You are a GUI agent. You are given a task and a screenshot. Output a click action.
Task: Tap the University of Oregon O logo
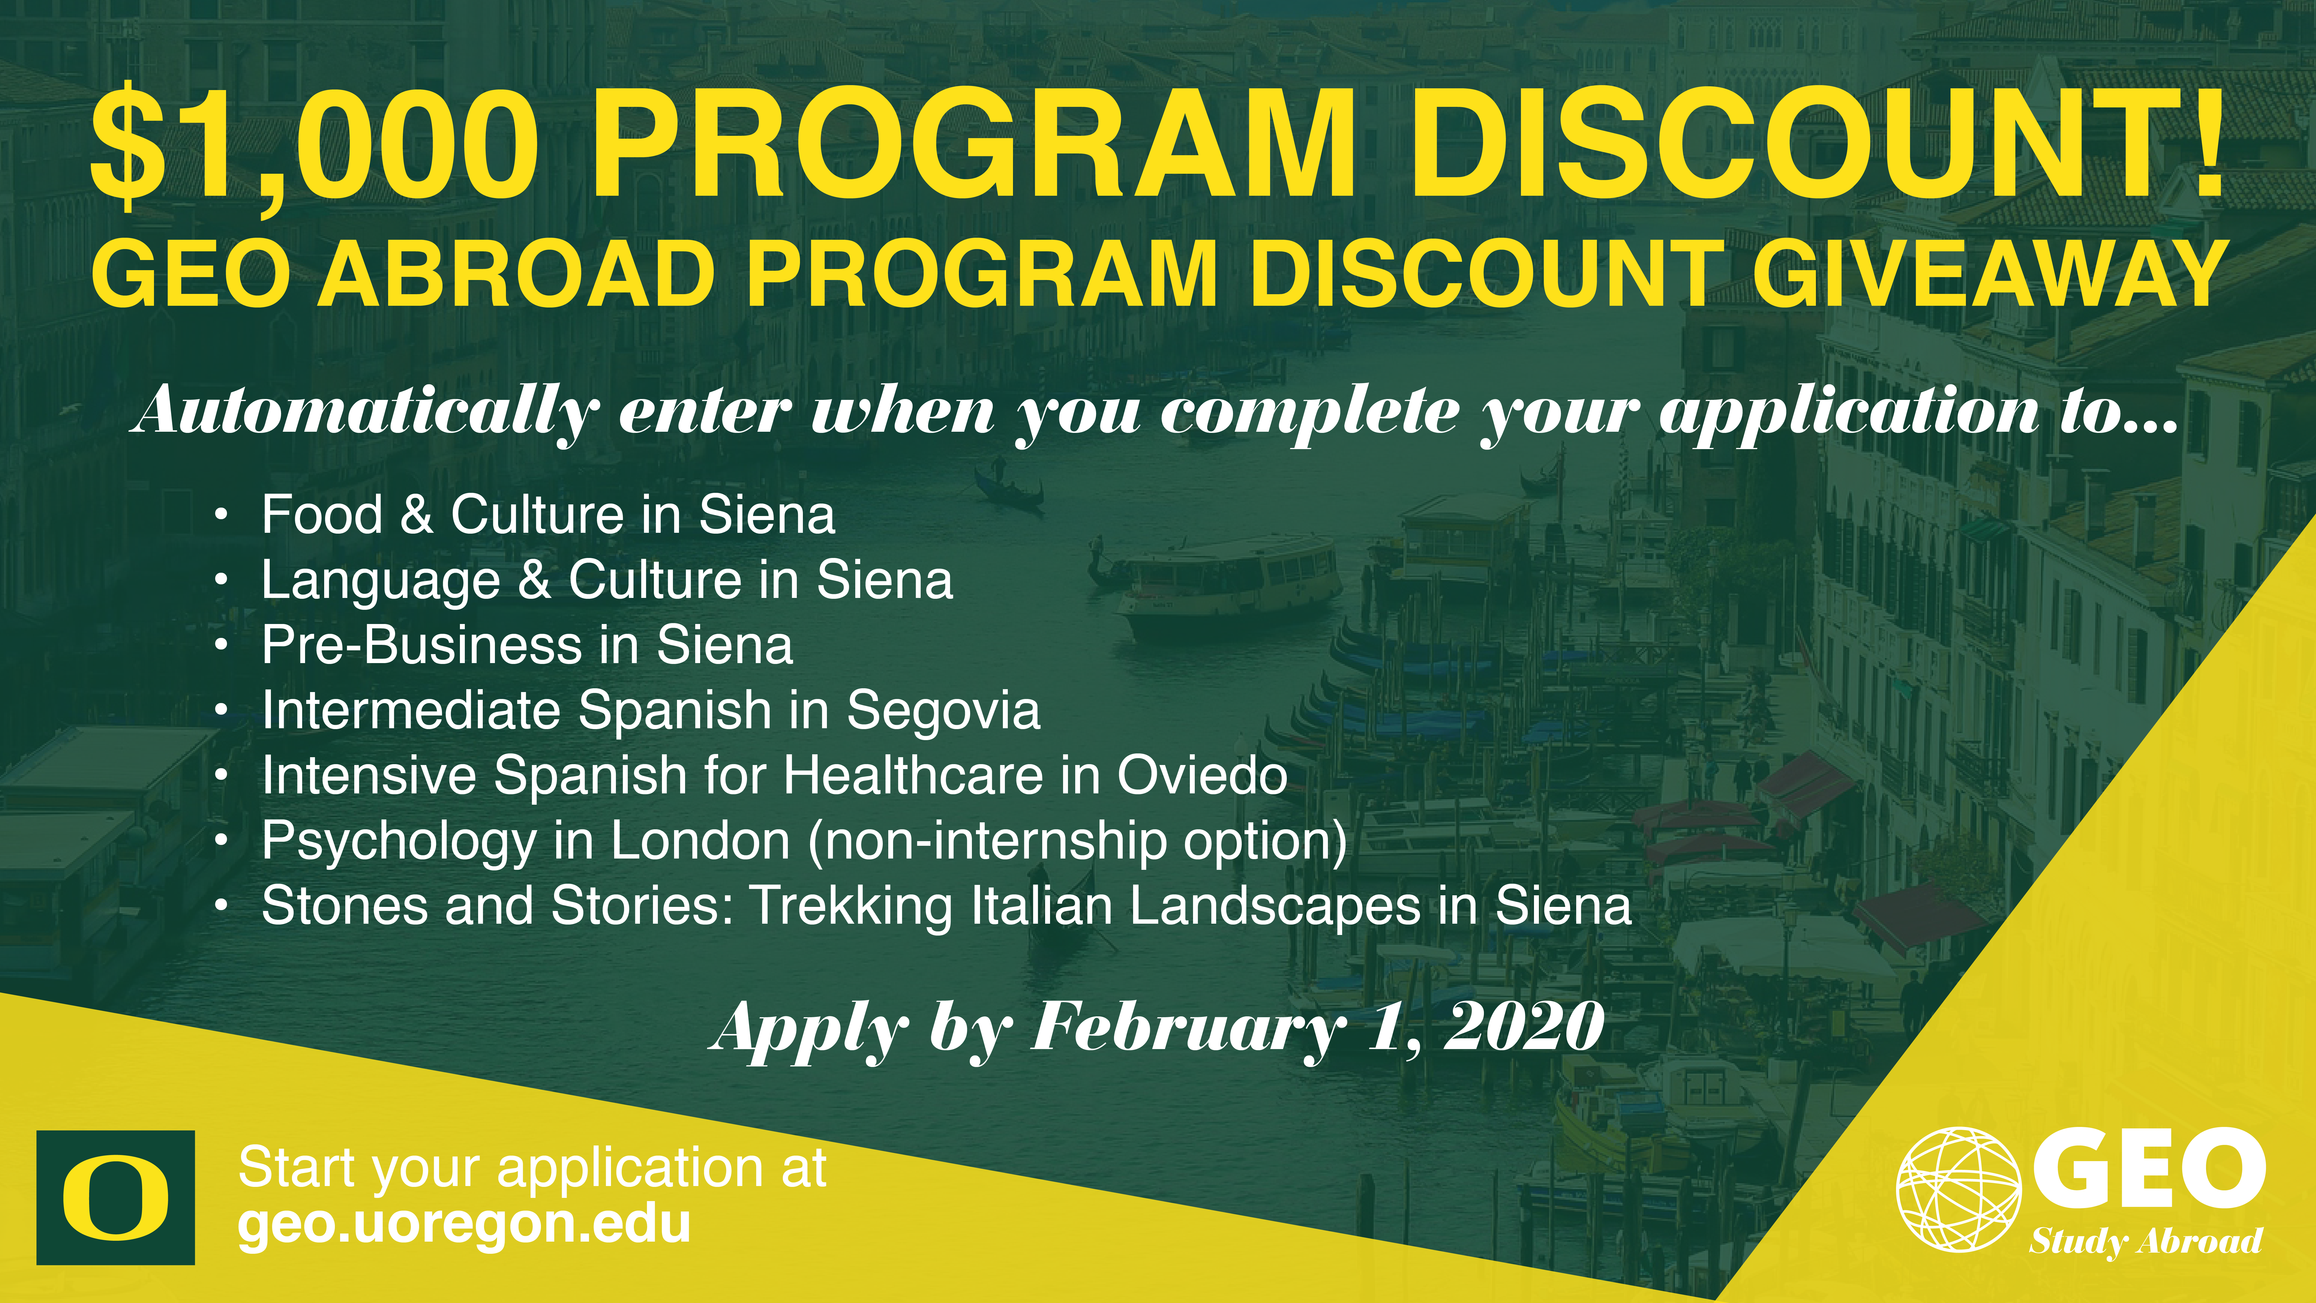116,1197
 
